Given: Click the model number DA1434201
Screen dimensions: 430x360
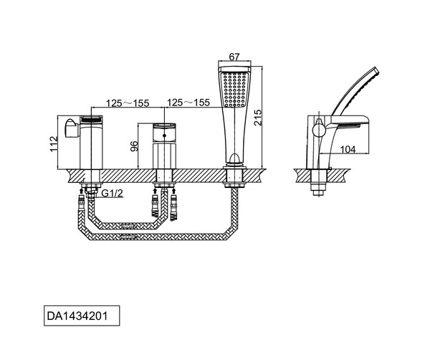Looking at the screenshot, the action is [x=77, y=316].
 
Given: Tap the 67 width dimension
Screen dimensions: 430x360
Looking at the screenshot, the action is [x=234, y=57].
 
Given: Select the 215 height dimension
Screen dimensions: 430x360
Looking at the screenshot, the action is [x=258, y=118].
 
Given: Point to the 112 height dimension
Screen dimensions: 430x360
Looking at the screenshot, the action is [x=54, y=143].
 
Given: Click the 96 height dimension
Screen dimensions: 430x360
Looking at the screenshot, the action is [x=134, y=146].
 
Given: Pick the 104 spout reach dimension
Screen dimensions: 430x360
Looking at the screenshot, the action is [x=348, y=150].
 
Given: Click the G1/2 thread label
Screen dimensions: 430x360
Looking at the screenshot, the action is [x=113, y=193].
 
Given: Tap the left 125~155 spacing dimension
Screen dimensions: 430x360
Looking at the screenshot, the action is [x=128, y=103].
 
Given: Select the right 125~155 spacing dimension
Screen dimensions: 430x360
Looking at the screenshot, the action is [x=188, y=103].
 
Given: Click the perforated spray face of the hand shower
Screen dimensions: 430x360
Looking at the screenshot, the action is [x=234, y=89].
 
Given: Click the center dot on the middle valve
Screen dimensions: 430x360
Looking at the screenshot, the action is [x=164, y=136].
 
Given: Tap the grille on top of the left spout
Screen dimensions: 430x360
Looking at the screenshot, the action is [x=91, y=119].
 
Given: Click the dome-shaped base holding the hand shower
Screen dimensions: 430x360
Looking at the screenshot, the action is [x=234, y=159].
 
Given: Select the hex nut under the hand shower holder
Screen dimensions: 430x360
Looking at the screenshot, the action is [x=234, y=179].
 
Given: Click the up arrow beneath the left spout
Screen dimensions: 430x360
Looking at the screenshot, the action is [x=82, y=191].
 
